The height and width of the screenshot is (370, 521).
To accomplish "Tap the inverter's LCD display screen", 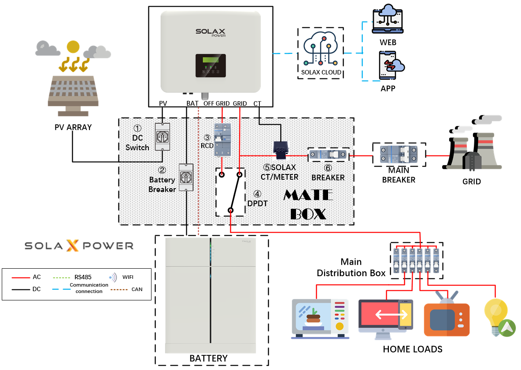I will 211,60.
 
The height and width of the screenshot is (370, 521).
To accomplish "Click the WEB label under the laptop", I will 388,42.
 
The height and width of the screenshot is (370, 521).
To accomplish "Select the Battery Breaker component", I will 186,177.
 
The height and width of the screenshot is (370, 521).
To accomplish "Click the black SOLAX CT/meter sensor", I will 280,150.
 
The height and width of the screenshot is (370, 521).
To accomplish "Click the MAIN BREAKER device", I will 399,155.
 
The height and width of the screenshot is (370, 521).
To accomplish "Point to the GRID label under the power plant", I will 471,181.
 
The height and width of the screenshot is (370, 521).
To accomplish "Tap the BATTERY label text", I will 208,358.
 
